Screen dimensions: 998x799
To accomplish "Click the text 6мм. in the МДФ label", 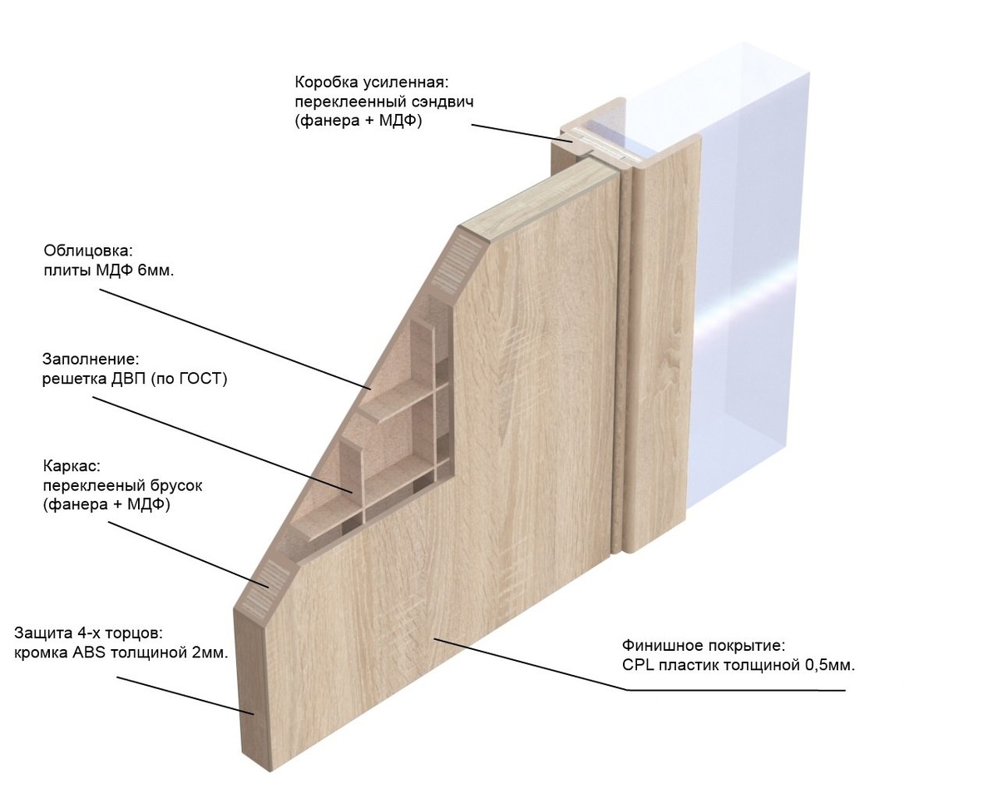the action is tap(156, 270).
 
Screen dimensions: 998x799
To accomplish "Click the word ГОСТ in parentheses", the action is tap(199, 379).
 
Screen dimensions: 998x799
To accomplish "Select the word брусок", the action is tap(175, 485).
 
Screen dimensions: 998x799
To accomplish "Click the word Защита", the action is tap(39, 633).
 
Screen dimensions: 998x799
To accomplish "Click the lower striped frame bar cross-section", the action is tap(264, 588).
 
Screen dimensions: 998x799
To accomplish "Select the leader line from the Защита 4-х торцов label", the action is tap(185, 696).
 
